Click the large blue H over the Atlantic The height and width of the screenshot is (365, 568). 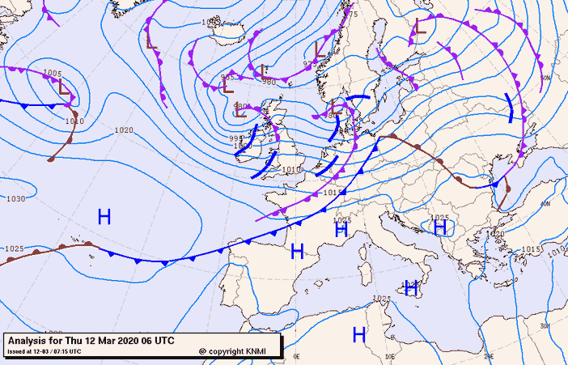click(x=104, y=217)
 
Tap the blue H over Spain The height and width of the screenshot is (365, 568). click(x=296, y=251)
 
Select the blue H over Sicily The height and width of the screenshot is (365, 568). click(x=411, y=287)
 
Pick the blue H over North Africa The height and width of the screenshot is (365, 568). click(x=359, y=333)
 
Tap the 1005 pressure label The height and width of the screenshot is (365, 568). click(x=51, y=74)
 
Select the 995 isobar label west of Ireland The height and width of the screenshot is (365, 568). click(x=235, y=138)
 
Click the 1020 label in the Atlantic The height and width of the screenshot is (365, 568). click(x=124, y=129)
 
